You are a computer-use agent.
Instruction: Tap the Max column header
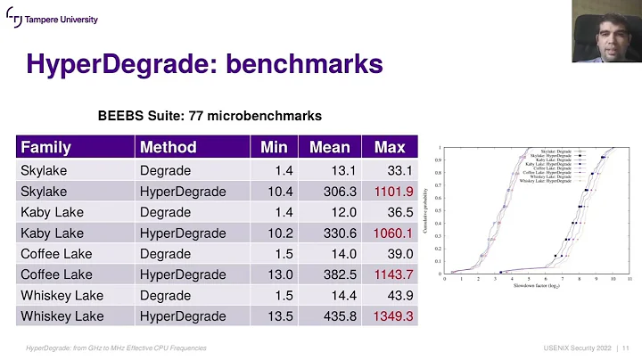tap(390, 147)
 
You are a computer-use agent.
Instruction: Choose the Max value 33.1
tap(397, 170)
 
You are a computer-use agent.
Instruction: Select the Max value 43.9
tap(397, 295)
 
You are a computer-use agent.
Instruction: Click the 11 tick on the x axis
tap(630, 280)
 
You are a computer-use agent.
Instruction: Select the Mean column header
tap(330, 147)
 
